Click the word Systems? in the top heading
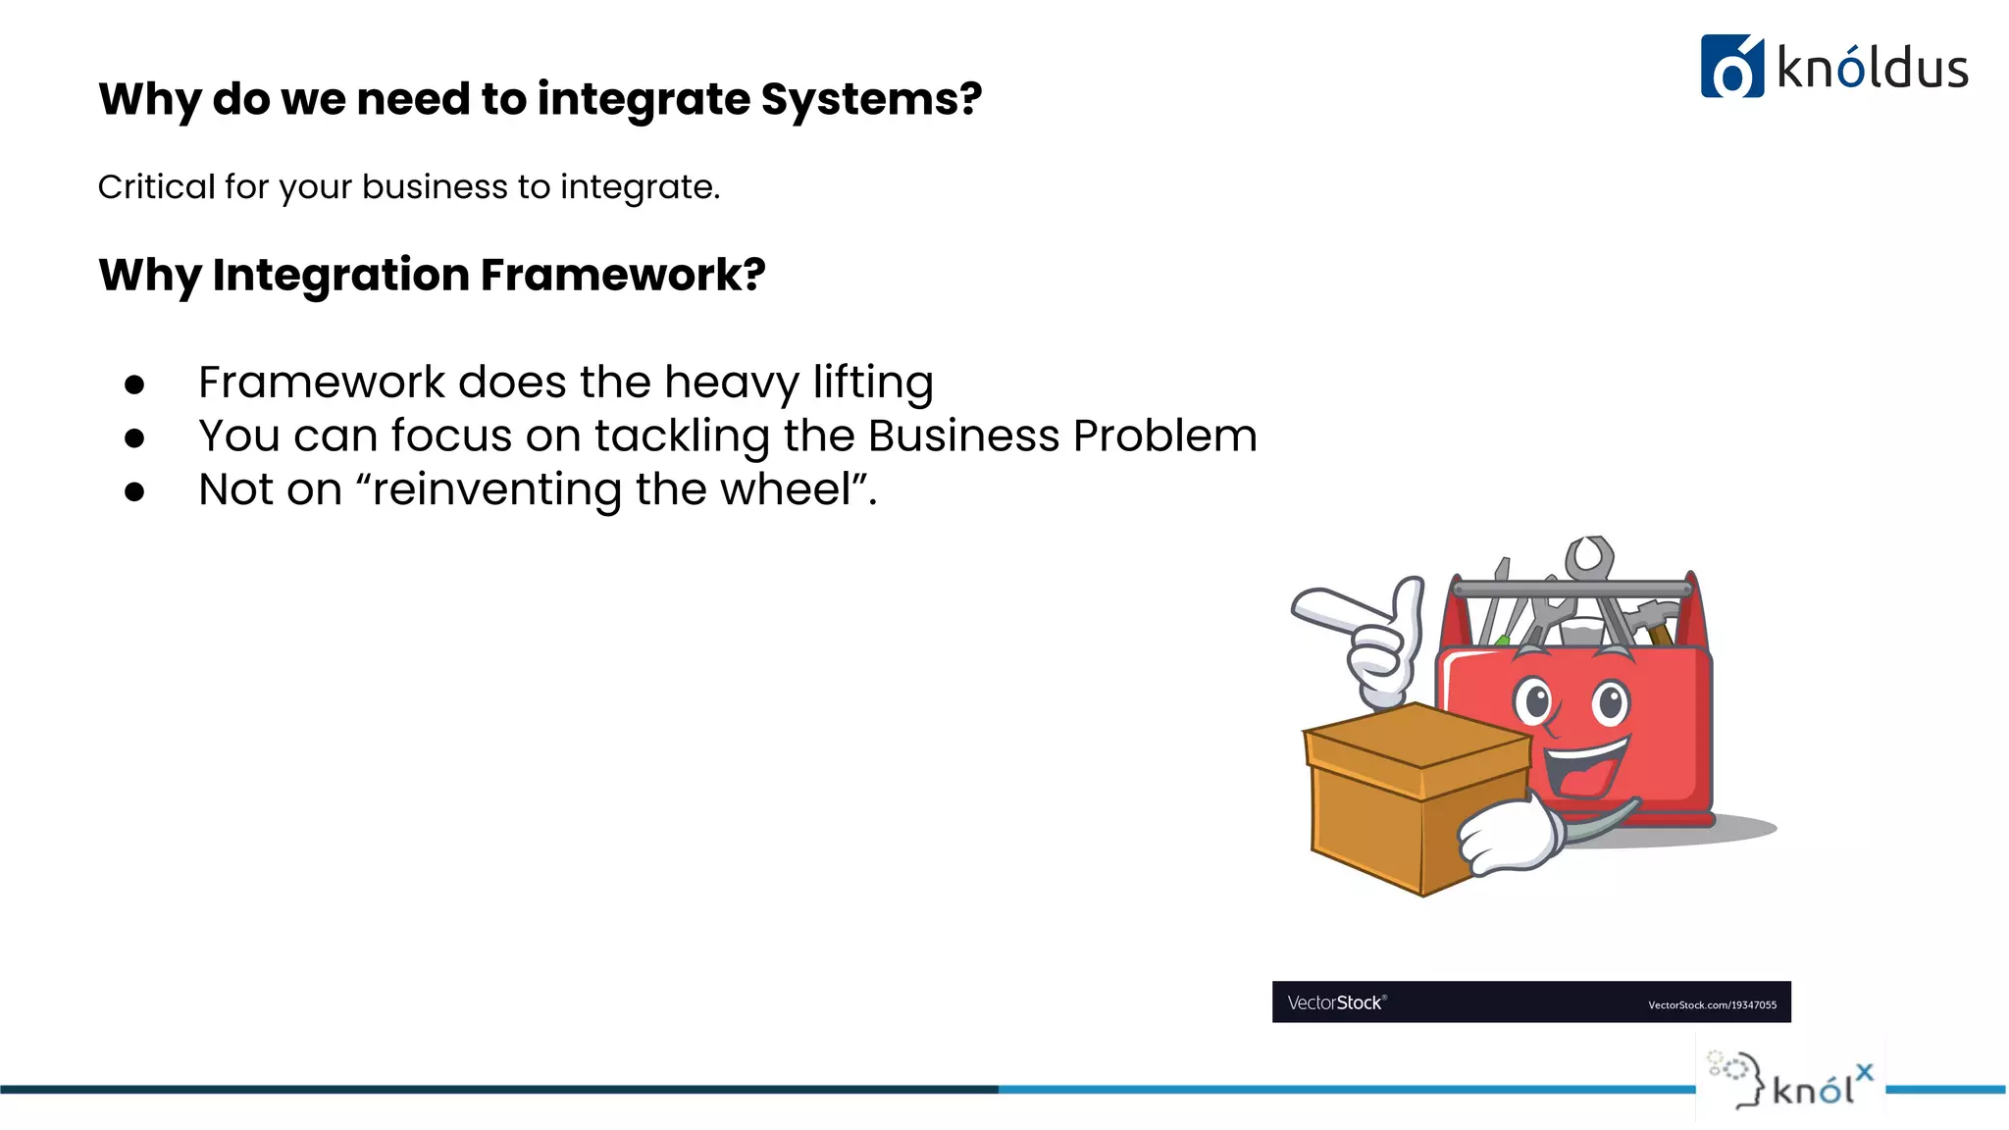pos(871,100)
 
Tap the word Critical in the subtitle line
pos(156,186)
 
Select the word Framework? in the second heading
pos(622,275)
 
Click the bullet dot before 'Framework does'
pos(134,385)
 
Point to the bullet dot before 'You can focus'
pos(134,438)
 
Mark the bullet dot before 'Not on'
pos(134,492)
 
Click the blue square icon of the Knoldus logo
pos(1731,67)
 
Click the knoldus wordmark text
pos(1872,69)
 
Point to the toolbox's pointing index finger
pos(1334,606)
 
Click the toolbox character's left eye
pos(1536,702)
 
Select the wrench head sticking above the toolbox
pos(1589,557)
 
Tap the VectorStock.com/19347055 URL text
pos(1712,1005)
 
